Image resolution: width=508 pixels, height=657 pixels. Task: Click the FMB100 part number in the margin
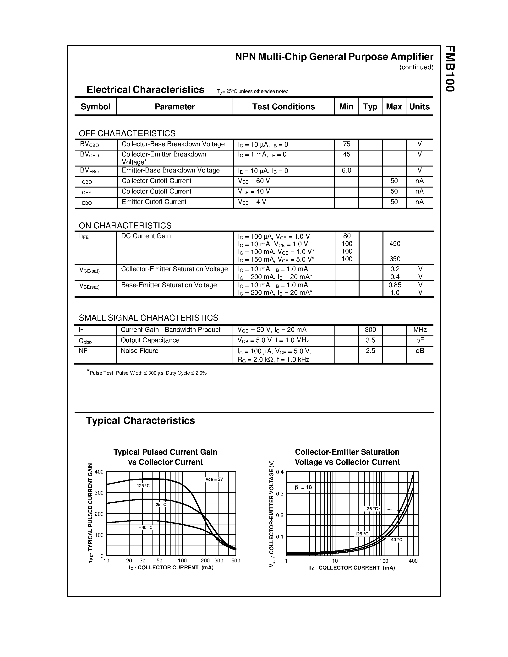click(450, 69)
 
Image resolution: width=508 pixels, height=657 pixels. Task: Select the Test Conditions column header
click(283, 107)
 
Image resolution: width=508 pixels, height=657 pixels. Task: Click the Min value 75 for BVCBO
click(346, 144)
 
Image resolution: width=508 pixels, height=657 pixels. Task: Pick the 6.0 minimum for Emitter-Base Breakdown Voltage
click(346, 171)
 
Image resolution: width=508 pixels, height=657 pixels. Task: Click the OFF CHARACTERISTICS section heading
click(127, 133)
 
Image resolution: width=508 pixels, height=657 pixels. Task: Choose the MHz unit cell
click(420, 330)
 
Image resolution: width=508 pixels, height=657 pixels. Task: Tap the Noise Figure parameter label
click(139, 351)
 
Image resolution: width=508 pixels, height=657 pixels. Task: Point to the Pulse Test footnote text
click(148, 373)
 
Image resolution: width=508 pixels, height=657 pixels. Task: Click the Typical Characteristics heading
click(141, 420)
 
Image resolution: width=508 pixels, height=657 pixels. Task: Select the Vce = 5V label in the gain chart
click(214, 479)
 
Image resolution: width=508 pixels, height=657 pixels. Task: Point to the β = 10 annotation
click(303, 487)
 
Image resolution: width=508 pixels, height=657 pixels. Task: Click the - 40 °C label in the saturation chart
click(395, 540)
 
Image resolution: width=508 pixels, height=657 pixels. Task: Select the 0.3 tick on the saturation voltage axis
click(280, 494)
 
